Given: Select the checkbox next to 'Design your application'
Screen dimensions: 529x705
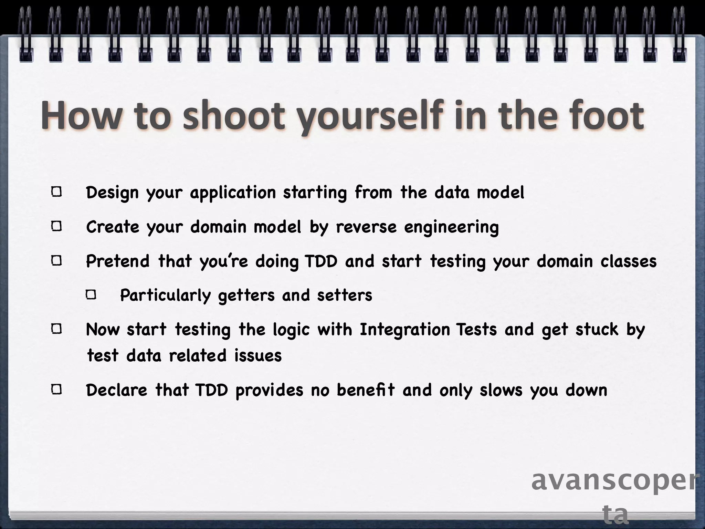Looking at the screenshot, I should pyautogui.click(x=57, y=192).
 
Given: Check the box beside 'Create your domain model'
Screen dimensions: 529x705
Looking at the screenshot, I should pyautogui.click(x=57, y=227).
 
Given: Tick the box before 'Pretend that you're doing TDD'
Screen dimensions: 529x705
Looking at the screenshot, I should pyautogui.click(x=57, y=261).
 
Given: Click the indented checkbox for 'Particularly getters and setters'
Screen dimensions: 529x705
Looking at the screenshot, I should pyautogui.click(x=91, y=295).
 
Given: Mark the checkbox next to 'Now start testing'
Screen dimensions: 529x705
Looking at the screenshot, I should pyautogui.click(x=57, y=329).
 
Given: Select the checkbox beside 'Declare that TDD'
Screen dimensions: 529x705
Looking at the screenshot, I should pyautogui.click(x=57, y=390).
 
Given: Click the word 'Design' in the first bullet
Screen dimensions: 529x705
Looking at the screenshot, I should pyautogui.click(x=112, y=192).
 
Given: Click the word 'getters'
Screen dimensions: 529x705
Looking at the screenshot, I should pyautogui.click(x=246, y=295).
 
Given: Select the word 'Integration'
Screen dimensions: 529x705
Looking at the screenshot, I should pyautogui.click(x=405, y=330).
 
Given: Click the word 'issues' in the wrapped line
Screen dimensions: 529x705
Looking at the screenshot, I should pyautogui.click(x=258, y=355).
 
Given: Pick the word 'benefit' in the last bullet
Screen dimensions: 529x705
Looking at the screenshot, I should pyautogui.click(x=365, y=390).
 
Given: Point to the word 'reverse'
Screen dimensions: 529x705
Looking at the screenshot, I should pyautogui.click(x=366, y=227).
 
